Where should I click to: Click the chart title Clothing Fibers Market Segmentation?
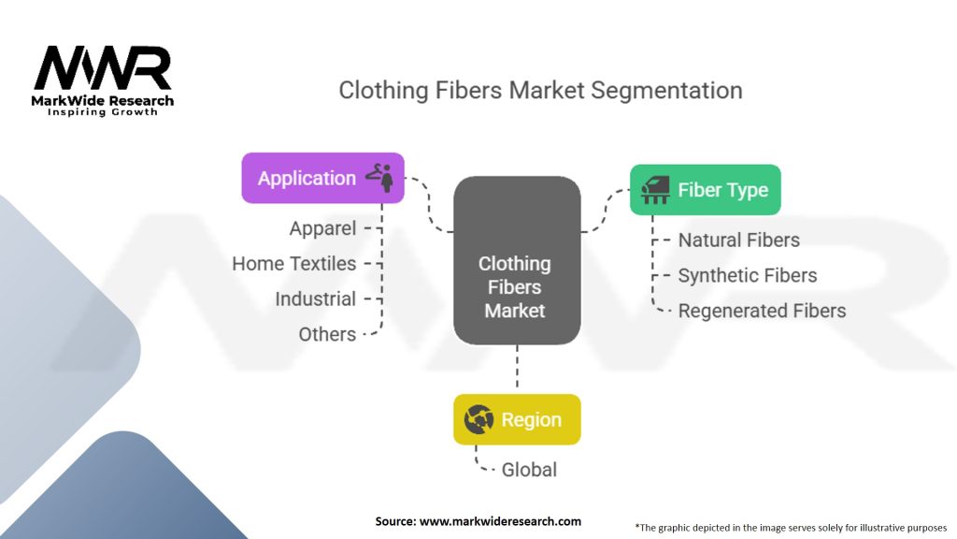[x=540, y=91]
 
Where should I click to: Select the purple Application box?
[x=322, y=178]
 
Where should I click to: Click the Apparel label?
[x=322, y=228]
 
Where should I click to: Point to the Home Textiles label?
[x=293, y=264]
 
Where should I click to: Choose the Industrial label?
[x=315, y=299]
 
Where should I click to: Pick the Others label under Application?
[x=327, y=334]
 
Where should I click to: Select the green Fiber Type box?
[x=705, y=190]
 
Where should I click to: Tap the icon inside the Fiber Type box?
[x=654, y=190]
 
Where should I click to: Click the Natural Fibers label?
[x=738, y=240]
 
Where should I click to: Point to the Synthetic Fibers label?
[x=747, y=275]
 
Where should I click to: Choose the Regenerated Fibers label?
[x=762, y=311]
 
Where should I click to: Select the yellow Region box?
[x=517, y=419]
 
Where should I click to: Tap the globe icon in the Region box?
[x=479, y=420]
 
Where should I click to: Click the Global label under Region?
[x=529, y=470]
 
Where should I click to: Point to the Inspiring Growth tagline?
[x=103, y=112]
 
